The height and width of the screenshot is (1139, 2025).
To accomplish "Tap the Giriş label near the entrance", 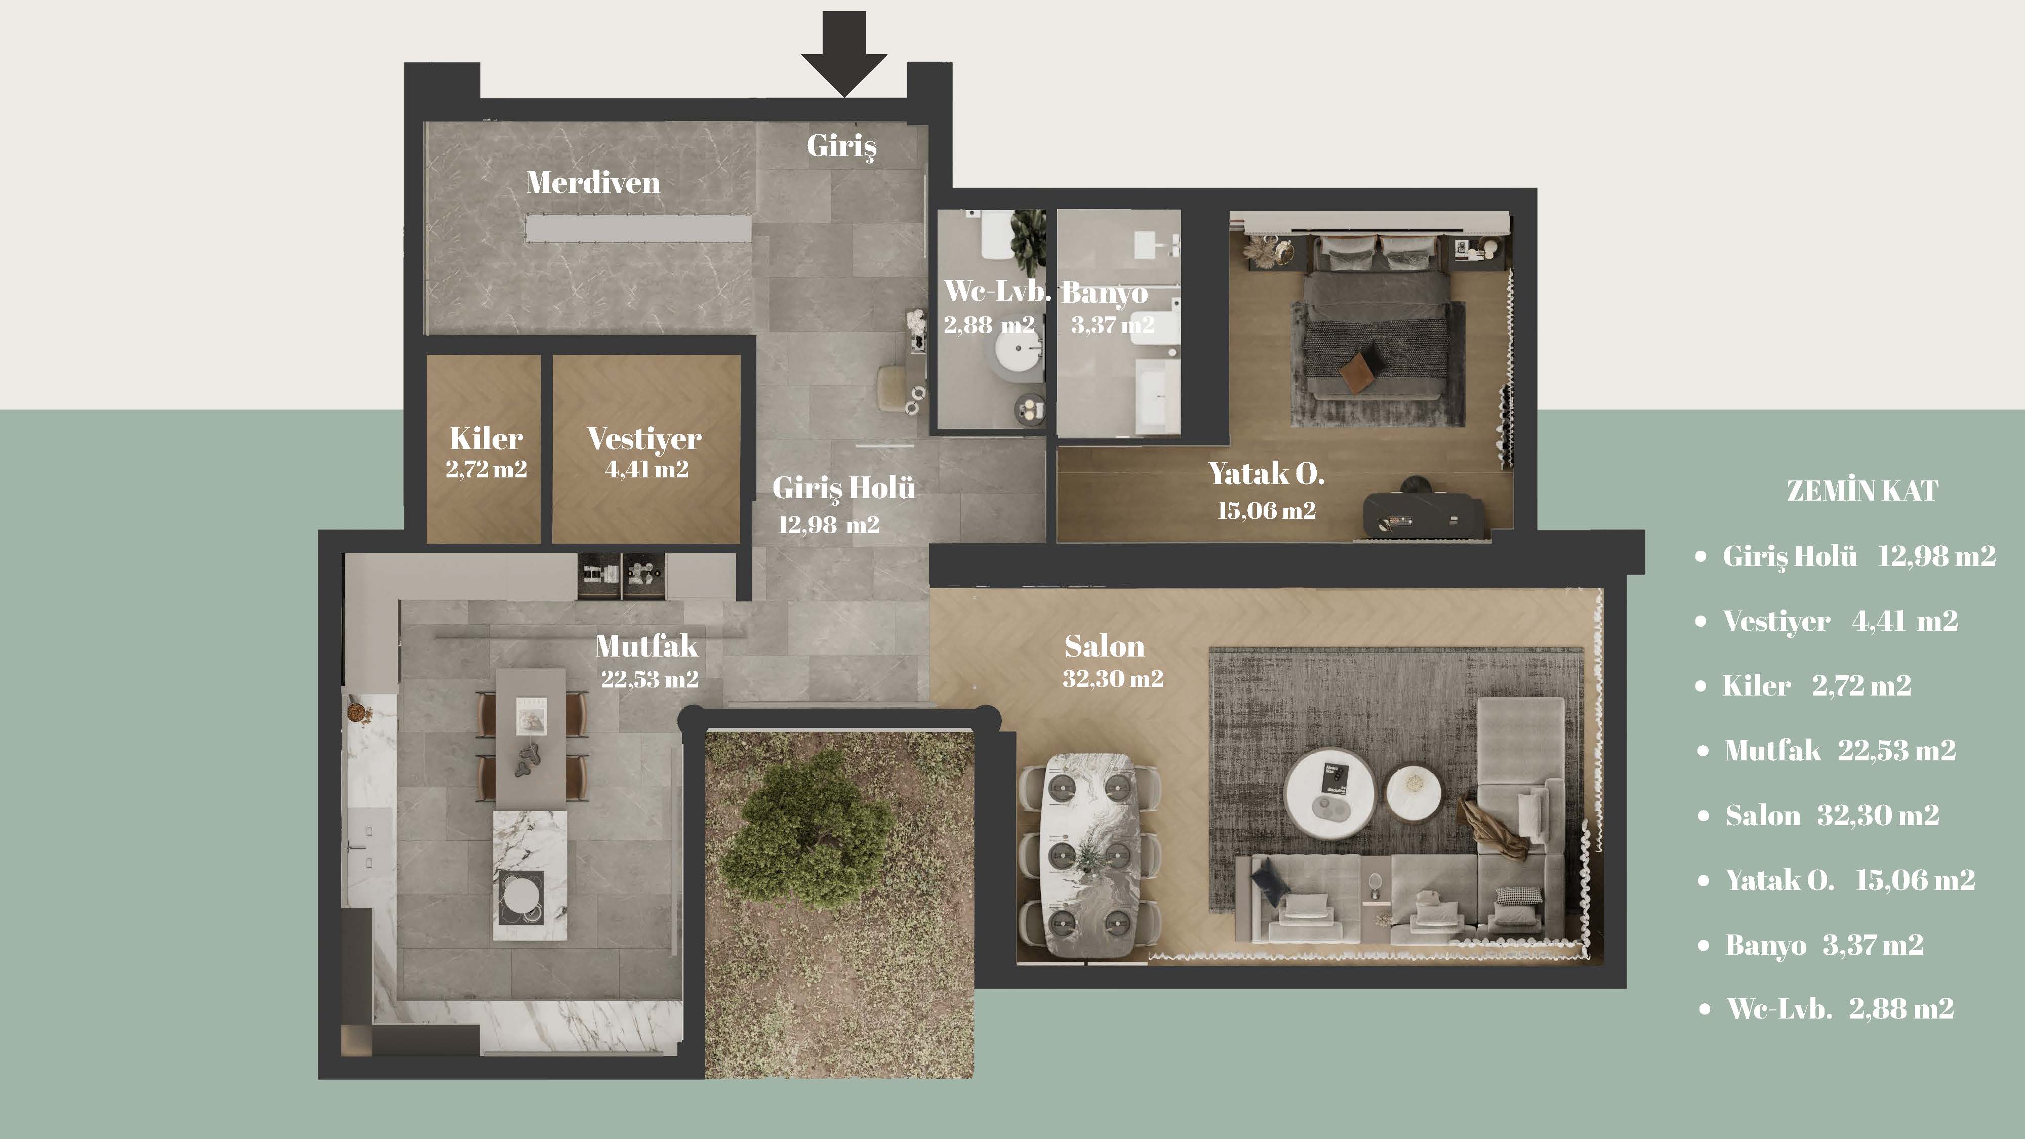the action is click(x=841, y=146).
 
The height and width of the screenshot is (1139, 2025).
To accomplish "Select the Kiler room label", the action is click(x=486, y=438).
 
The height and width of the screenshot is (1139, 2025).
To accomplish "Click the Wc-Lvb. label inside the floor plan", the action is click(x=997, y=291).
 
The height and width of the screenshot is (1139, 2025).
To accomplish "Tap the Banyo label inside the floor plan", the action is click(x=1105, y=293).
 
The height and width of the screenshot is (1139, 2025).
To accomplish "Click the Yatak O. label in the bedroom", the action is click(x=1267, y=473).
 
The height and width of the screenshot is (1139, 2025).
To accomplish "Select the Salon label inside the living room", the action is click(x=1105, y=646).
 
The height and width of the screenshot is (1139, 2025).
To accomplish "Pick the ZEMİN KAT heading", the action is click(x=1862, y=491).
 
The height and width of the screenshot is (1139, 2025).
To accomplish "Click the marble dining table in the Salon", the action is click(x=1089, y=855).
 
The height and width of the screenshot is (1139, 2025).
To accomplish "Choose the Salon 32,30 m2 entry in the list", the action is click(x=1832, y=815).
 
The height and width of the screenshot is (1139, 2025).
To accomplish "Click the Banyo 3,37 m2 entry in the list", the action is click(x=1824, y=945).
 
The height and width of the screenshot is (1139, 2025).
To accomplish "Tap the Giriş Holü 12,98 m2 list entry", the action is click(x=1859, y=556).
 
